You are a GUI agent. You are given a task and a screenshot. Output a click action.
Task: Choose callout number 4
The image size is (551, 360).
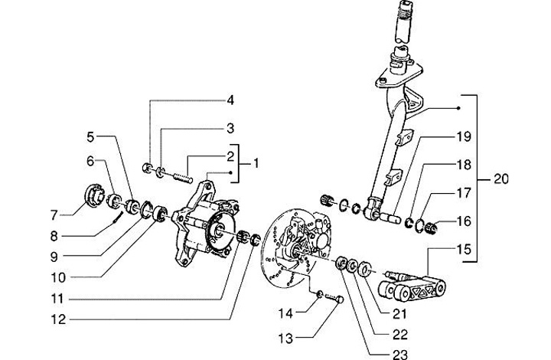coord(229,100)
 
